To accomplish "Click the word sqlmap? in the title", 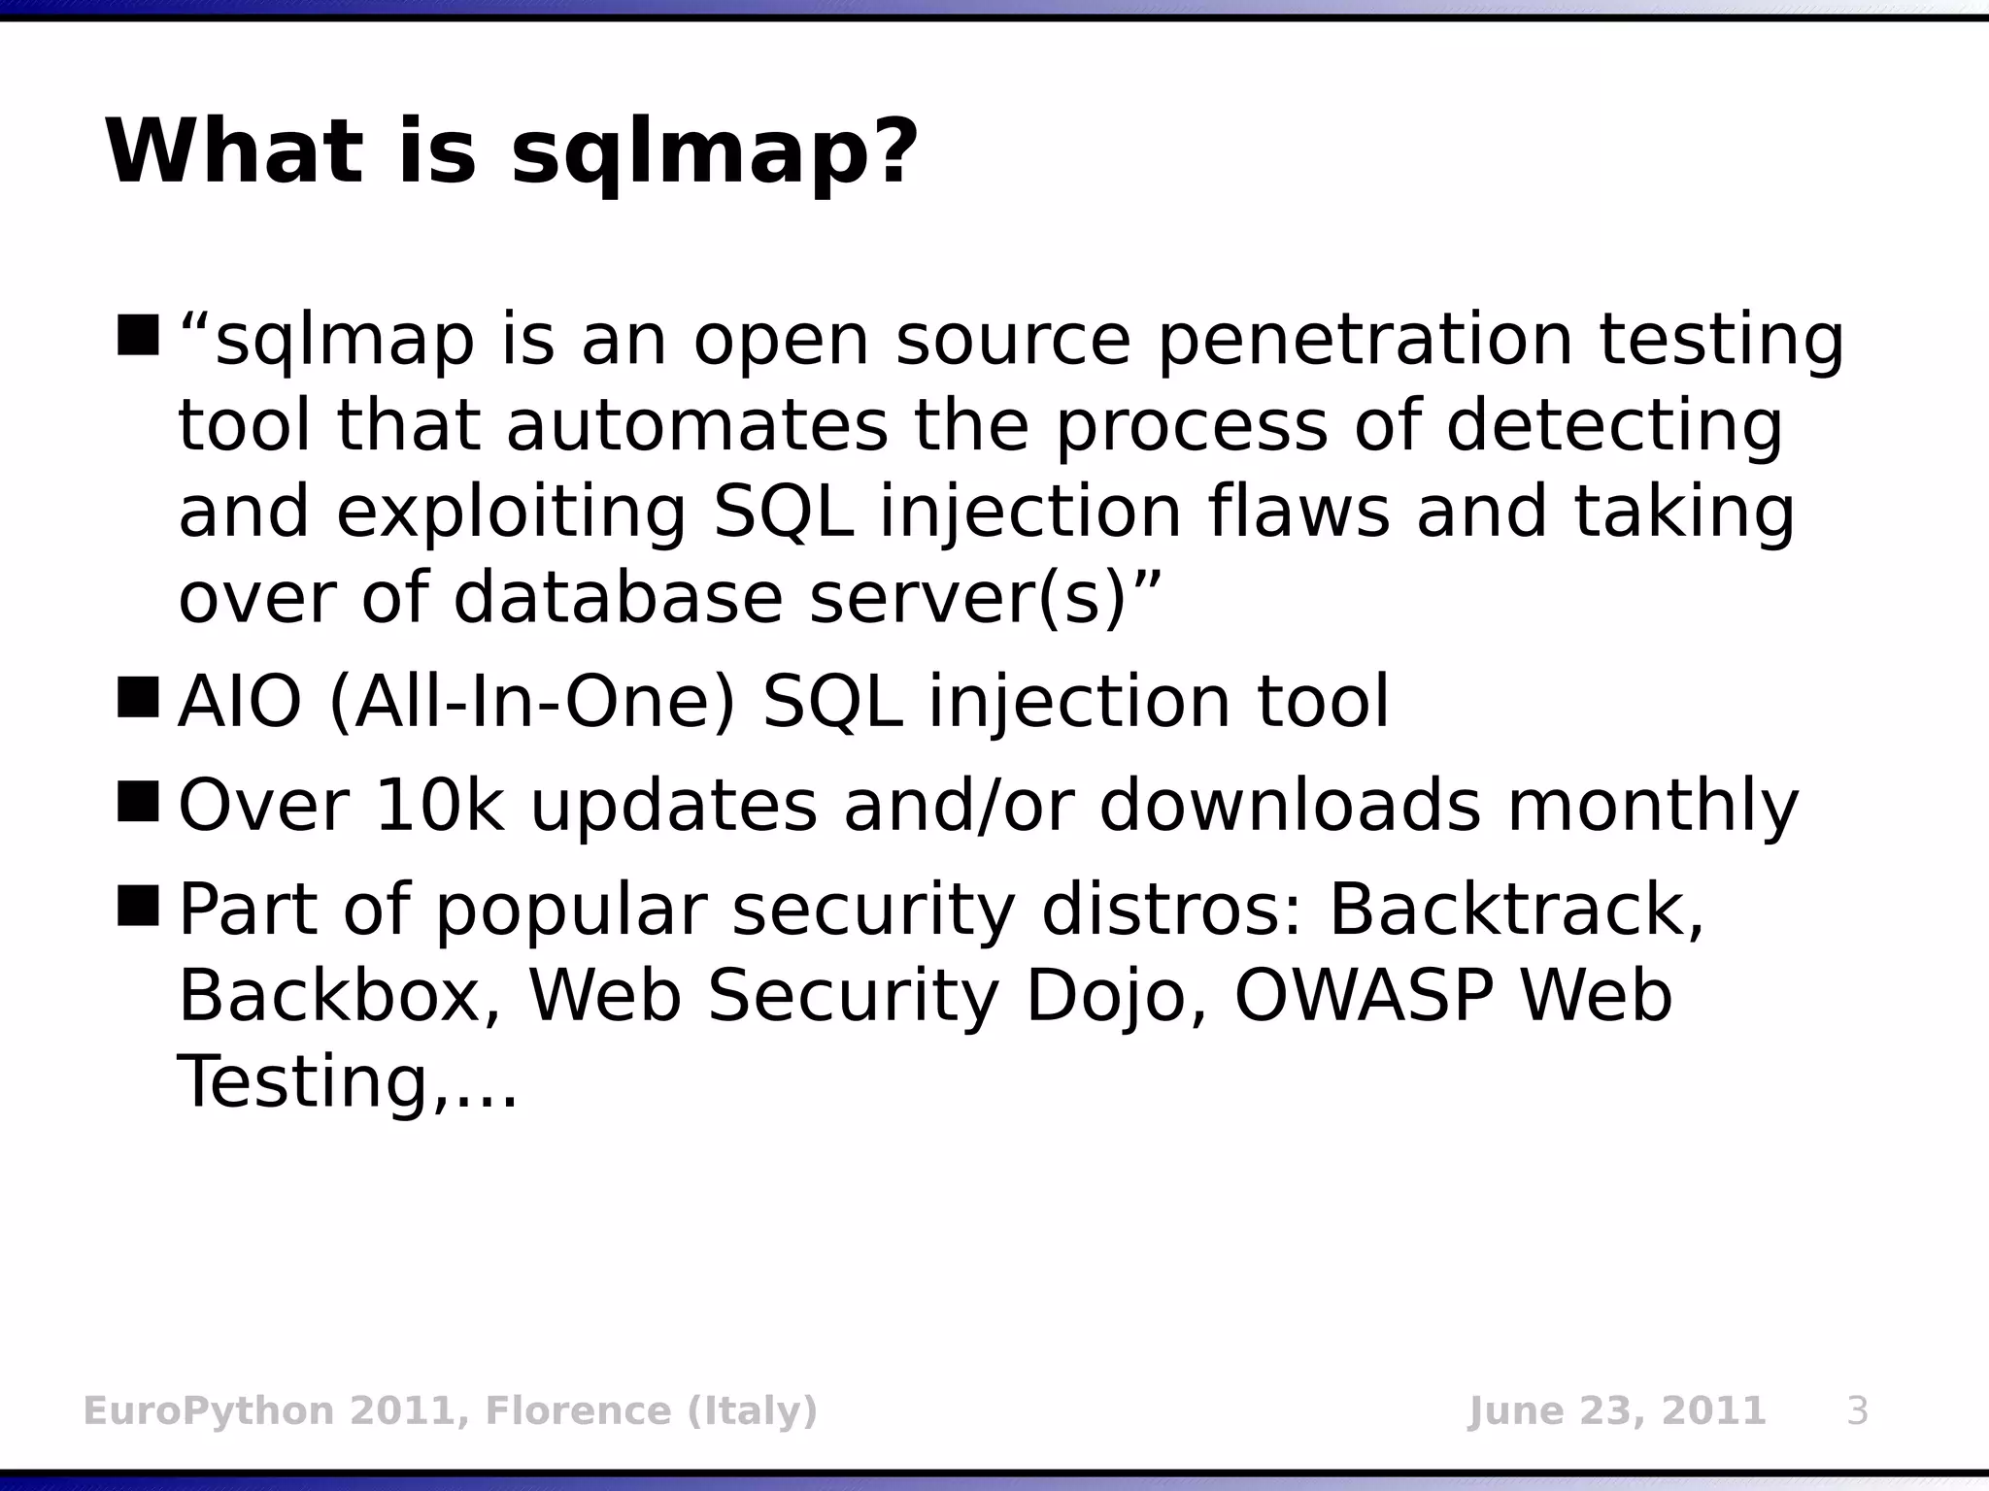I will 714,153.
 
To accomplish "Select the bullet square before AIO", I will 138,698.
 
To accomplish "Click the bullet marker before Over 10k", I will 138,802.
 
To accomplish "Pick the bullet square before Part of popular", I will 138,907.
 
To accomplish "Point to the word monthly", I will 1652,808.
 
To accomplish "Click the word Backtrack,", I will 1516,911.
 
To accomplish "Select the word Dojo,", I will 1116,998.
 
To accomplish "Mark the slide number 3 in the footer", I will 1856,1410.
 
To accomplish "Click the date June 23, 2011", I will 1616,1410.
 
